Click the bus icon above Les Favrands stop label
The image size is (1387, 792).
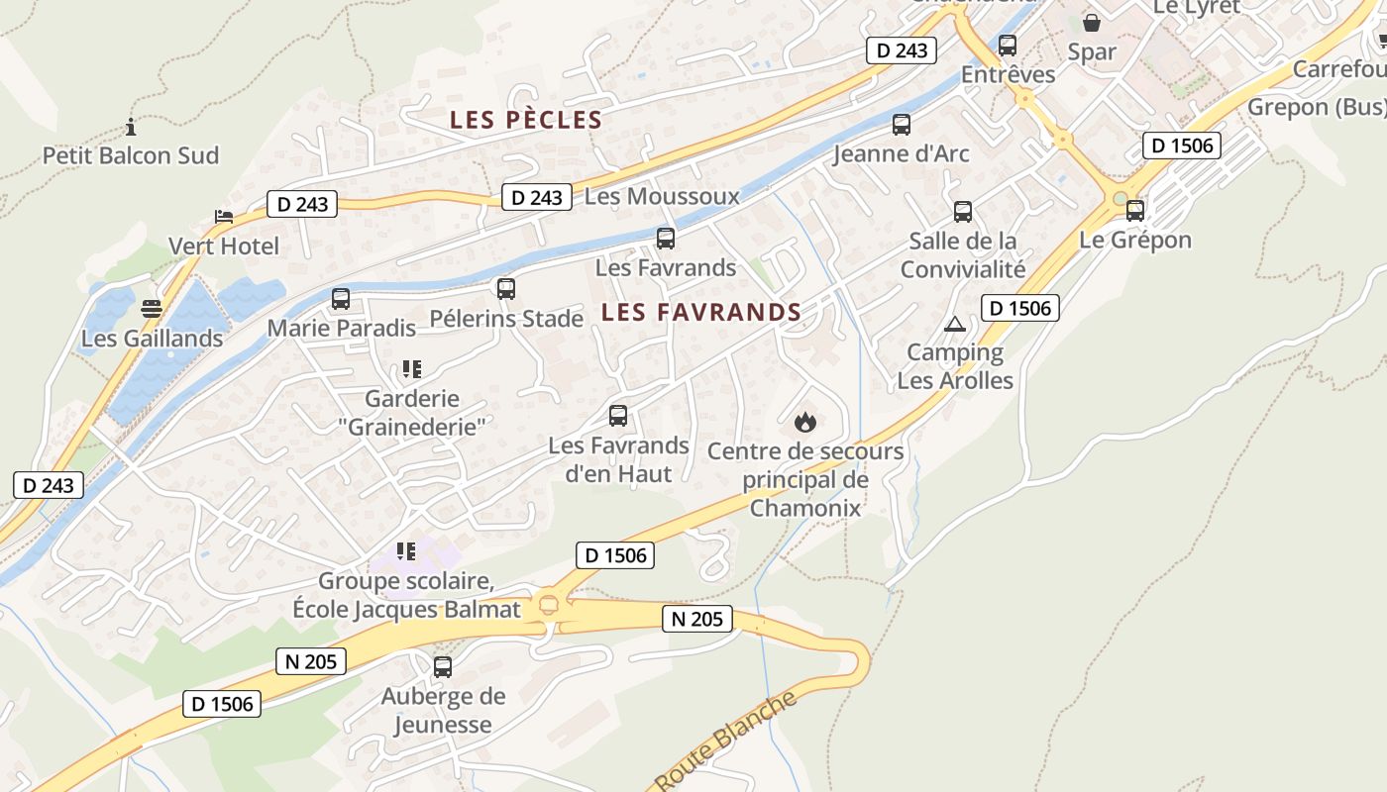(666, 238)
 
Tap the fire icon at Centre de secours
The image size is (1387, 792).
(805, 422)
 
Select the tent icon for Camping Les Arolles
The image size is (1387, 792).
(954, 324)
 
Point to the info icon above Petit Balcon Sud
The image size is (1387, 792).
(131, 127)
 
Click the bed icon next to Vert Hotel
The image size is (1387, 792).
(224, 217)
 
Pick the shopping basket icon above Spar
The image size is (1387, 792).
(1092, 22)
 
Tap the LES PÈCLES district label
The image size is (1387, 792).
(526, 120)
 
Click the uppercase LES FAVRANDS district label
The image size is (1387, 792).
(701, 313)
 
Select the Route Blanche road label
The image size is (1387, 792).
(726, 741)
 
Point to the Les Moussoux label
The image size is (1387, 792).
(662, 196)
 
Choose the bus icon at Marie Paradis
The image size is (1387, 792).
(341, 298)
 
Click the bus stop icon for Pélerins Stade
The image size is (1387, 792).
(506, 289)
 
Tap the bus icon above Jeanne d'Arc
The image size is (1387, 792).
(902, 125)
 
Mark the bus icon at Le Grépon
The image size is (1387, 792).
(1135, 210)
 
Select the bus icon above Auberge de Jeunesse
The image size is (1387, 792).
(443, 667)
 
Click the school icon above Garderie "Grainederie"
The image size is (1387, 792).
(411, 369)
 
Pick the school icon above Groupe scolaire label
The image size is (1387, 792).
(406, 550)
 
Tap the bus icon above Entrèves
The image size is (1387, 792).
(1008, 46)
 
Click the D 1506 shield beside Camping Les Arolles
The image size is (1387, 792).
(1020, 308)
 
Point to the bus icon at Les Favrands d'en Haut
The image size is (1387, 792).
(618, 416)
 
